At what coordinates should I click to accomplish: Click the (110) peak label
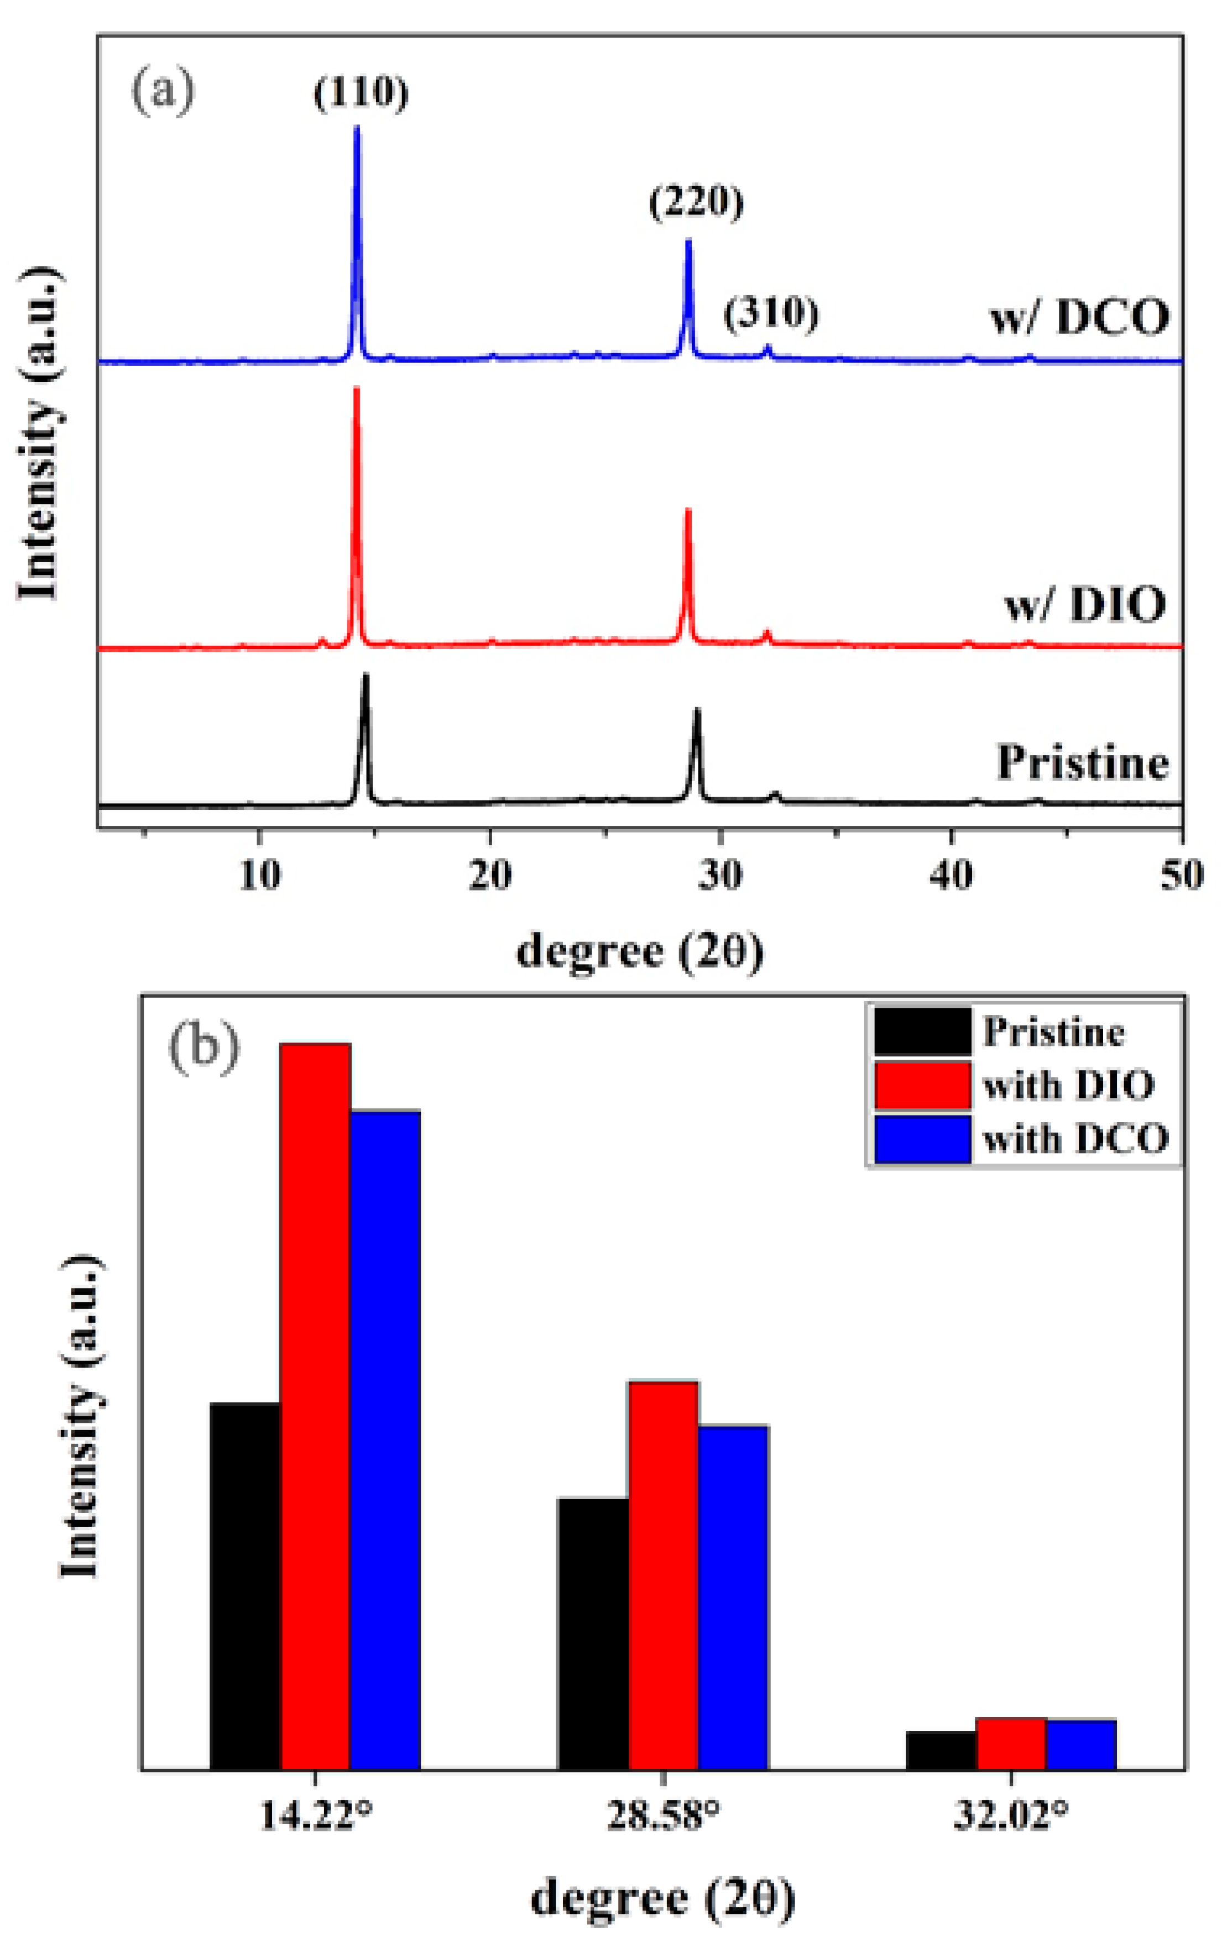tap(361, 93)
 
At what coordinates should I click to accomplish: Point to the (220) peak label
tap(696, 202)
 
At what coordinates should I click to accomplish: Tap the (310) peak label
tap(771, 313)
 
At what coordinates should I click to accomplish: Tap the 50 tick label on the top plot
tap(1181, 875)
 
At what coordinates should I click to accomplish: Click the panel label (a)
tap(163, 92)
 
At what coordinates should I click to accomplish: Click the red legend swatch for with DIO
tap(922, 1085)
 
